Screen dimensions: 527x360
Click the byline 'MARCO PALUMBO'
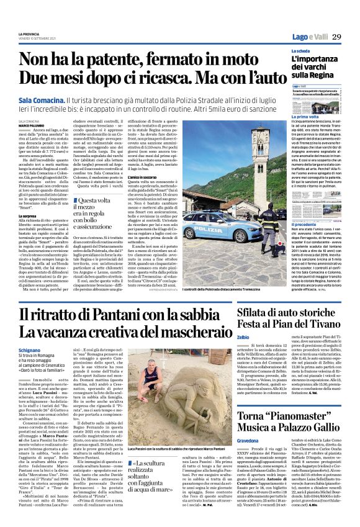[x=31, y=125]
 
